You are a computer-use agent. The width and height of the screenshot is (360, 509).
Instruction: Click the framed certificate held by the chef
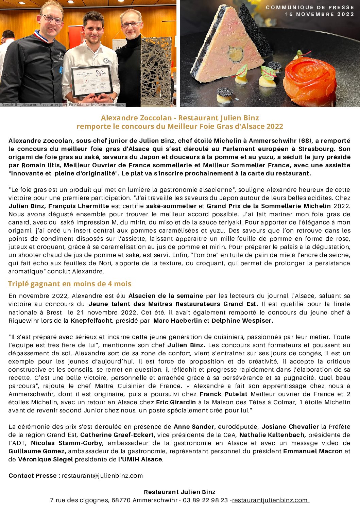tap(91, 81)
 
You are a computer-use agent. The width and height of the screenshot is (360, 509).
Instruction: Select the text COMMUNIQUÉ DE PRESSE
tap(310, 7)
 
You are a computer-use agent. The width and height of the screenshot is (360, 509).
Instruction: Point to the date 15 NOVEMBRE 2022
tap(320, 14)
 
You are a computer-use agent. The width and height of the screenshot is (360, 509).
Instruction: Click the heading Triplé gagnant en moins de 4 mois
tap(70, 284)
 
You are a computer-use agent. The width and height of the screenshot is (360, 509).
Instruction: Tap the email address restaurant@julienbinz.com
tap(102, 476)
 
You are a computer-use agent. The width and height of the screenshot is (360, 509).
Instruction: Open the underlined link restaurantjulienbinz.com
tap(270, 500)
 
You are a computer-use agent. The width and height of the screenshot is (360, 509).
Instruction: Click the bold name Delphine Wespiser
tap(242, 321)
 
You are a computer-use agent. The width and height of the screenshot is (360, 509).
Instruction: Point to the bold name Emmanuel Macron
tap(313, 451)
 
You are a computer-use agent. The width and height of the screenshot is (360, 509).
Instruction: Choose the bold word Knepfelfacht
tap(91, 321)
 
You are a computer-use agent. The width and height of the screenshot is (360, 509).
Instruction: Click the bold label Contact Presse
tap(34, 476)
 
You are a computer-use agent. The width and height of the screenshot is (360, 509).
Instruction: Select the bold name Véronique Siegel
tap(45, 459)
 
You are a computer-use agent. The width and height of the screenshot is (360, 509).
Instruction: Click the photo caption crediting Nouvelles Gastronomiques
tap(63, 105)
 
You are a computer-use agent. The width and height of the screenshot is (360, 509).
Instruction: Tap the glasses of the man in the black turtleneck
tap(131, 24)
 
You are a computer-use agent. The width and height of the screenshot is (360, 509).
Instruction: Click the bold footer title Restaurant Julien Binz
tap(179, 492)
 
